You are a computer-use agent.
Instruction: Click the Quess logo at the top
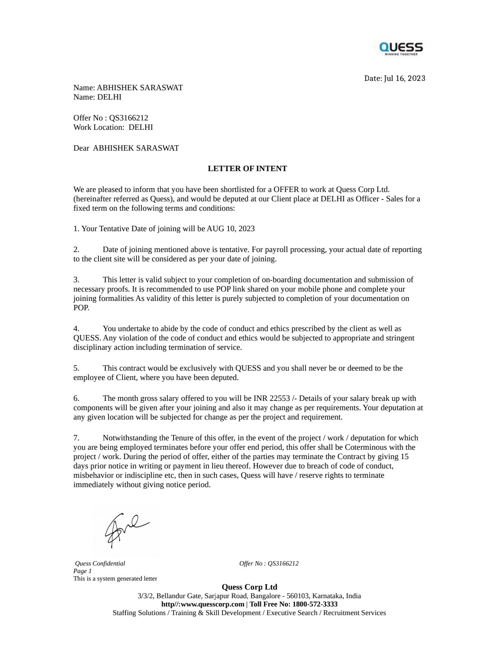(x=401, y=49)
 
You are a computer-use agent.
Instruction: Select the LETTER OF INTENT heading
(x=247, y=169)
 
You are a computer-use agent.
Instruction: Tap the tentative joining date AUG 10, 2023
(x=231, y=229)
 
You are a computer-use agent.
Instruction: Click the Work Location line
(x=113, y=127)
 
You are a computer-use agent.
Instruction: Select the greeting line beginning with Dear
(x=126, y=148)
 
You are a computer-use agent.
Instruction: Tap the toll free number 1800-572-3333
(x=315, y=604)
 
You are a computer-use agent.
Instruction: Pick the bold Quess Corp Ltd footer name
(x=249, y=587)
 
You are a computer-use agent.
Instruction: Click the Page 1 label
(x=83, y=571)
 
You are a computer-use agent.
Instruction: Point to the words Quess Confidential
(x=100, y=563)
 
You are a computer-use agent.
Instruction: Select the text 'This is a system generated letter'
(x=115, y=578)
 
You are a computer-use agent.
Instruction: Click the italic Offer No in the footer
(x=269, y=563)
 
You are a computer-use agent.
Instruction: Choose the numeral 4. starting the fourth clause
(x=76, y=329)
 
